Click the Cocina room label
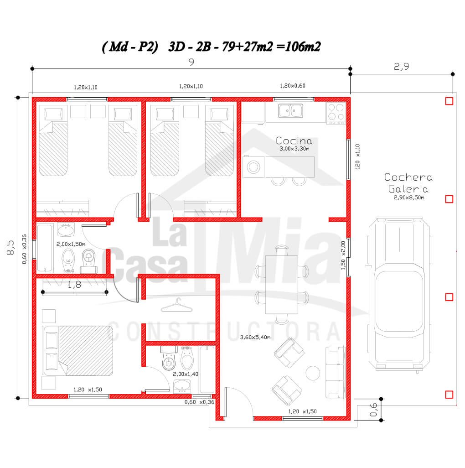tap(294, 140)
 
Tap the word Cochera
tap(408, 177)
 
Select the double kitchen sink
tap(290, 110)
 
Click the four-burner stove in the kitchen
tap(336, 114)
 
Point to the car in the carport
tap(399, 295)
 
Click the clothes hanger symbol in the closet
tap(176, 305)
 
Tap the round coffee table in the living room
tap(313, 373)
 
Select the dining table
tap(282, 285)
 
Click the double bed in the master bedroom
tap(78, 350)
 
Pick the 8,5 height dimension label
tap(10, 247)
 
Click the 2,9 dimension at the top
tap(401, 66)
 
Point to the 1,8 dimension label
tap(74, 285)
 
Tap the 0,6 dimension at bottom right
tap(373, 410)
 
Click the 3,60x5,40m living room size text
tap(255, 337)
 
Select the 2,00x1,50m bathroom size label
tap(71, 244)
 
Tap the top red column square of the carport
tap(449, 101)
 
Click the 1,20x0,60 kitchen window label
tap(293, 86)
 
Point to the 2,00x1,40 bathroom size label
tap(186, 374)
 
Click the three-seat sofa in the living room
tap(336, 372)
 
